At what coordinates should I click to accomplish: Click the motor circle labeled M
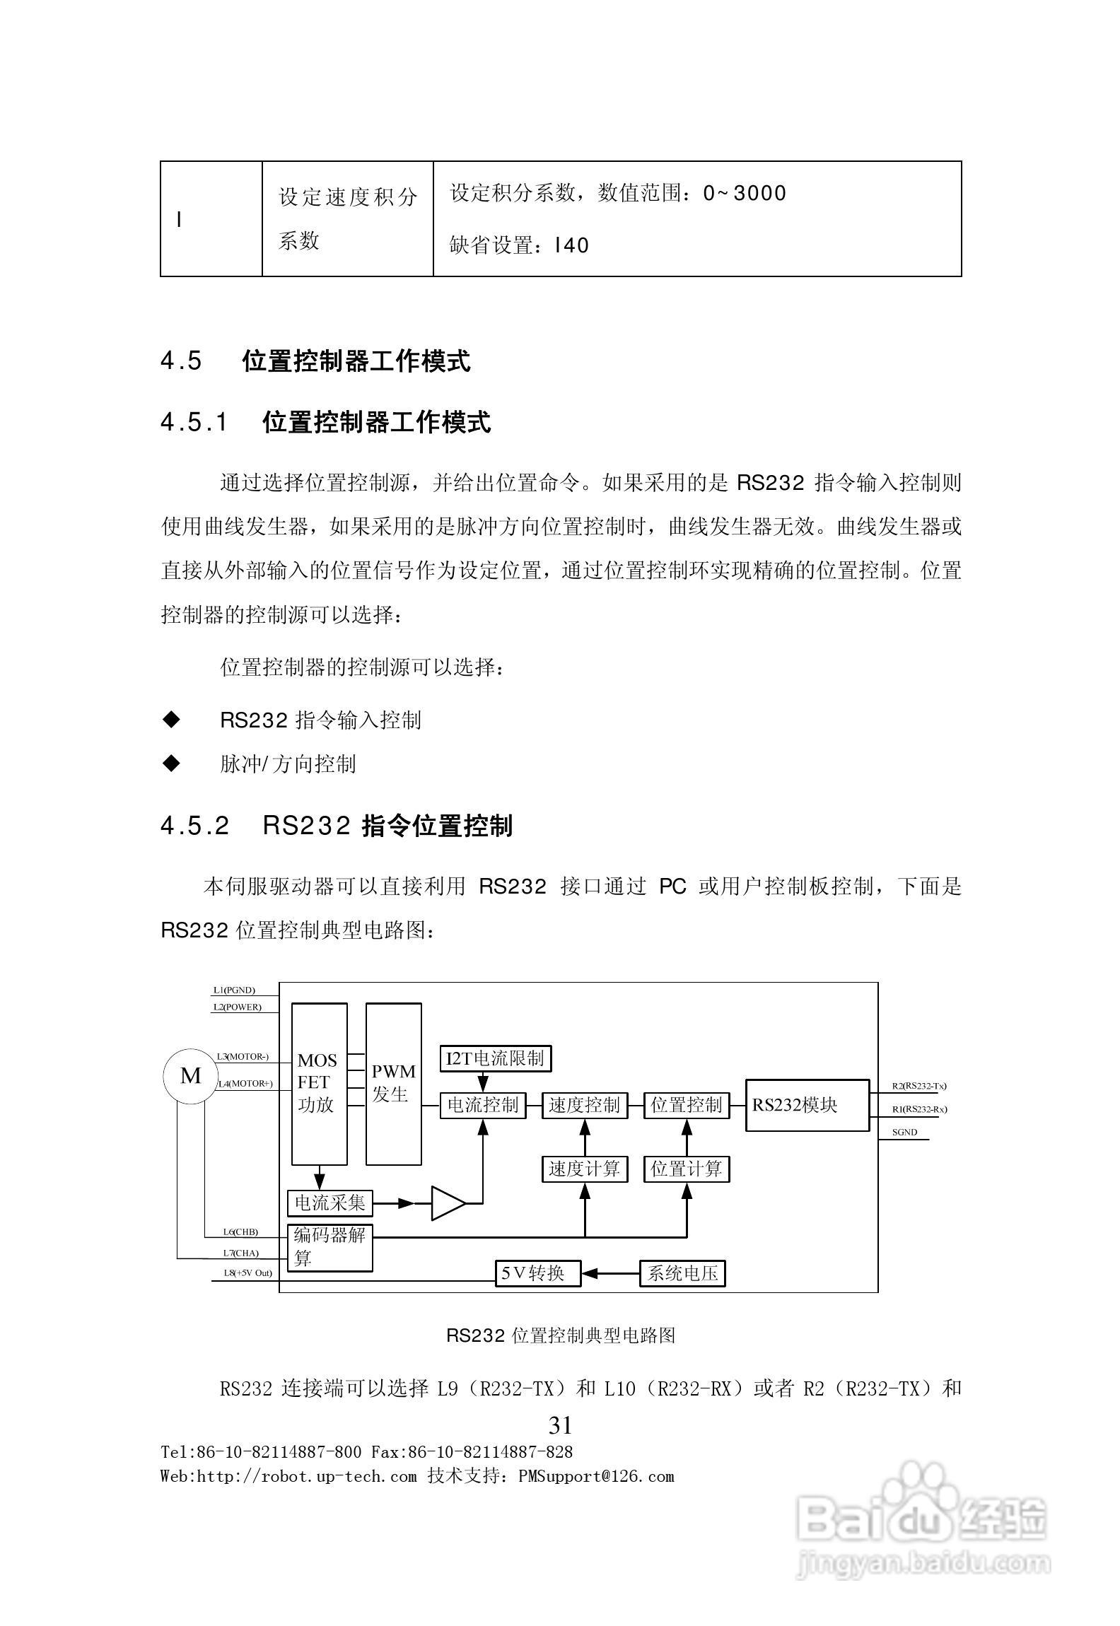tap(190, 1076)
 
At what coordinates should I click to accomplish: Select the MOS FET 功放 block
tap(319, 1084)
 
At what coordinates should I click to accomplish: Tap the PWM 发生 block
tap(393, 1084)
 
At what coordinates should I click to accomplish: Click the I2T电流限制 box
tap(495, 1058)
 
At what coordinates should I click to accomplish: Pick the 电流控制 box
tap(483, 1106)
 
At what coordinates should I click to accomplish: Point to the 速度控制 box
tap(584, 1106)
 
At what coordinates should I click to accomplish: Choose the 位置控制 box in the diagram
tap(686, 1106)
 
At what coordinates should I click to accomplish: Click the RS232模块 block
tap(807, 1106)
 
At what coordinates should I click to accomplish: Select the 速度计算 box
tap(584, 1169)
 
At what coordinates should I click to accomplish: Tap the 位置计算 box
tap(686, 1169)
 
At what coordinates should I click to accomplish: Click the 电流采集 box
tap(329, 1203)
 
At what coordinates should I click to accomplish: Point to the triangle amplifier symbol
tap(448, 1203)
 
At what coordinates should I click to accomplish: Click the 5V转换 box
tap(537, 1273)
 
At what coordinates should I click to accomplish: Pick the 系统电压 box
tap(682, 1273)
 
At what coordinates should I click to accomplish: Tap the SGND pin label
tap(904, 1133)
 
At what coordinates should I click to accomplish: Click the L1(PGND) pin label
tap(234, 990)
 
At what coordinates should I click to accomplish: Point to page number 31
tap(560, 1425)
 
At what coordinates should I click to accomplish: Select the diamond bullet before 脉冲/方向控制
tap(171, 764)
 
